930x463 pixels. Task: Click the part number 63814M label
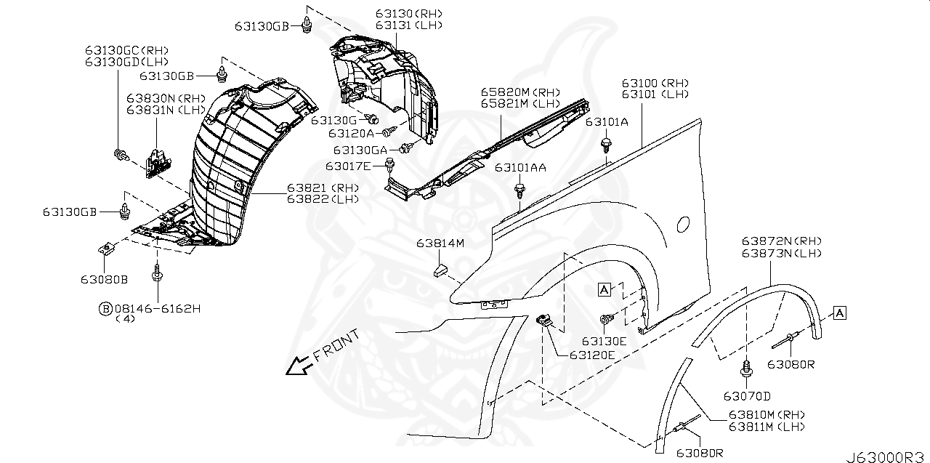click(x=440, y=243)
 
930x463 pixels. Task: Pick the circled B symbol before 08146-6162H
click(x=105, y=309)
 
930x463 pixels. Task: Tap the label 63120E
click(x=592, y=355)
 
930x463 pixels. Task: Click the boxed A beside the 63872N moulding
click(x=839, y=313)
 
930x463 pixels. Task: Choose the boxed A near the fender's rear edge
click(x=604, y=289)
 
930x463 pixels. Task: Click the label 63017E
click(x=348, y=166)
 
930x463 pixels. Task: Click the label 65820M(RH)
click(x=519, y=92)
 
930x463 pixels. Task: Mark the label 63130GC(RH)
click(x=126, y=50)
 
